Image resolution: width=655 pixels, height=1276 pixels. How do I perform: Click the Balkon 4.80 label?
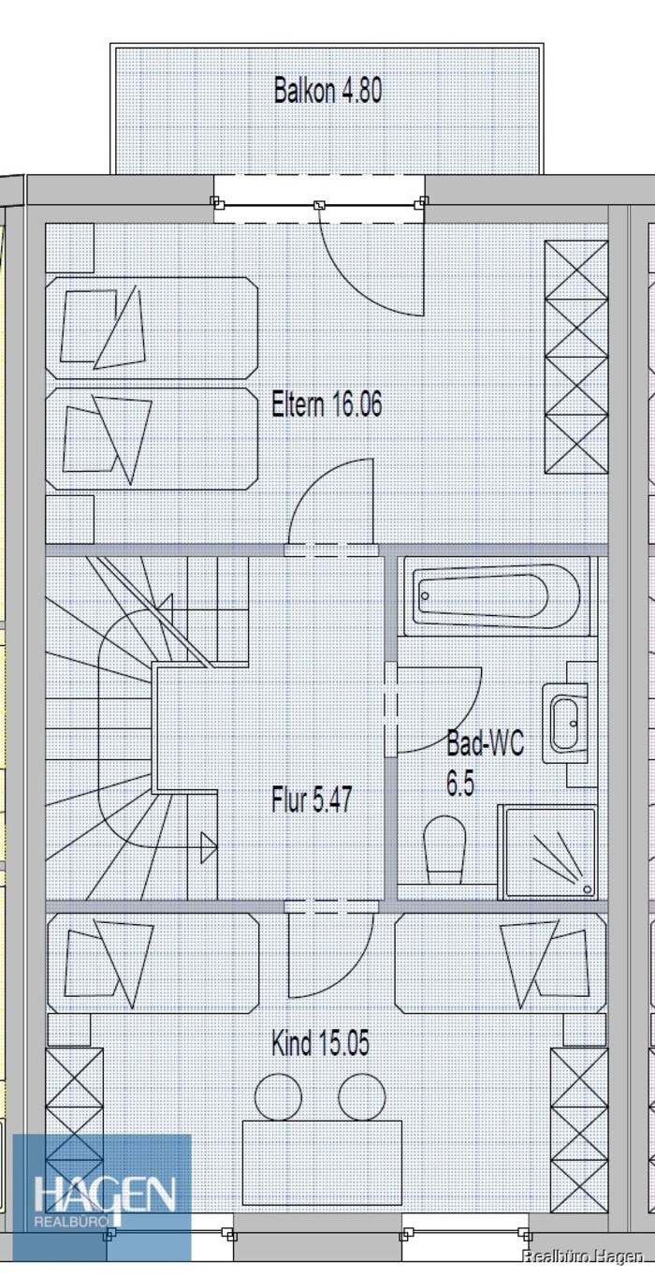point(327,90)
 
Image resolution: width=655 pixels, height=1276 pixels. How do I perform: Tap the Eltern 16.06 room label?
point(327,404)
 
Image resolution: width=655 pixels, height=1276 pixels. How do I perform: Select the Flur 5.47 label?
point(312,799)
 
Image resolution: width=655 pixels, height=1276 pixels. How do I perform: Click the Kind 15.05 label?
point(320,1044)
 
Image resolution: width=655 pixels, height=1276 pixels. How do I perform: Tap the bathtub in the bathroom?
point(499,595)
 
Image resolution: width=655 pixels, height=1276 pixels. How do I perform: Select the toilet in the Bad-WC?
point(444,851)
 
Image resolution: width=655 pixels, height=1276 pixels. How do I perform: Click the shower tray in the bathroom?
point(547,852)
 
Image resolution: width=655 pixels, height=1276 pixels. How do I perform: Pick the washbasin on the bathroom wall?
point(565,724)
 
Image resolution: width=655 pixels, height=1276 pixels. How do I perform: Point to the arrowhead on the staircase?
point(209,847)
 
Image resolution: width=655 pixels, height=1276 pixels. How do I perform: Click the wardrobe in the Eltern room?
point(576,357)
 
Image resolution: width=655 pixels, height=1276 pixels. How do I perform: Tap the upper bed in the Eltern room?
point(152,328)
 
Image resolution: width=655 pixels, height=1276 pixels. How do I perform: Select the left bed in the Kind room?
point(153,963)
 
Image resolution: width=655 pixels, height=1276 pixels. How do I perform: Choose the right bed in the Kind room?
point(501,963)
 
